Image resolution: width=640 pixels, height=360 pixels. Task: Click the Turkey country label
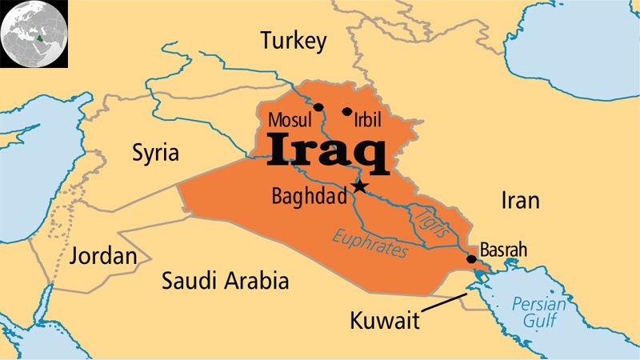[x=294, y=41]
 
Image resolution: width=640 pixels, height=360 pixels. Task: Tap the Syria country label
[x=156, y=152]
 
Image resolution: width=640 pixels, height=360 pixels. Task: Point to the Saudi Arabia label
[x=225, y=281]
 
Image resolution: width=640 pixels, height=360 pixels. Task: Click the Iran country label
[x=521, y=200]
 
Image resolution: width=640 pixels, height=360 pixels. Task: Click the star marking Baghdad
[x=359, y=186]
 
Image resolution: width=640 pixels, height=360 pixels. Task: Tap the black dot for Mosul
[x=318, y=106]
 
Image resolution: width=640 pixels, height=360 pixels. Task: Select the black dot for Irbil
[x=346, y=111]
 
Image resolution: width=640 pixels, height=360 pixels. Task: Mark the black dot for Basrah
[x=471, y=259]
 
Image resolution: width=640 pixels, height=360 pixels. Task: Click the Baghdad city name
[x=309, y=196]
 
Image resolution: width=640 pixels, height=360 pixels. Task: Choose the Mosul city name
[x=289, y=122]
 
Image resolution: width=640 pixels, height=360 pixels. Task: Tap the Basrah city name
[x=503, y=250]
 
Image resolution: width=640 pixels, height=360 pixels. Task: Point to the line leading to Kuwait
[x=444, y=304]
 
